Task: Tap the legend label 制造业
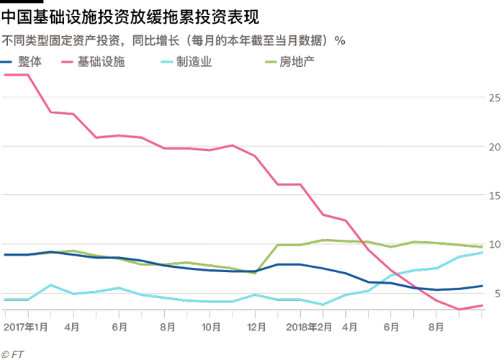tap(192, 63)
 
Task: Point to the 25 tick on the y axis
tap(494, 97)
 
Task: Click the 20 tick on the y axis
tap(494, 146)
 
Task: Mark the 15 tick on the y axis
tap(494, 195)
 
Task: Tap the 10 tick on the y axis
tap(494, 244)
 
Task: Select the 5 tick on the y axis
tap(494, 293)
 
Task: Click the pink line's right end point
tap(482, 305)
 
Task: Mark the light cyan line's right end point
tap(482, 253)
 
